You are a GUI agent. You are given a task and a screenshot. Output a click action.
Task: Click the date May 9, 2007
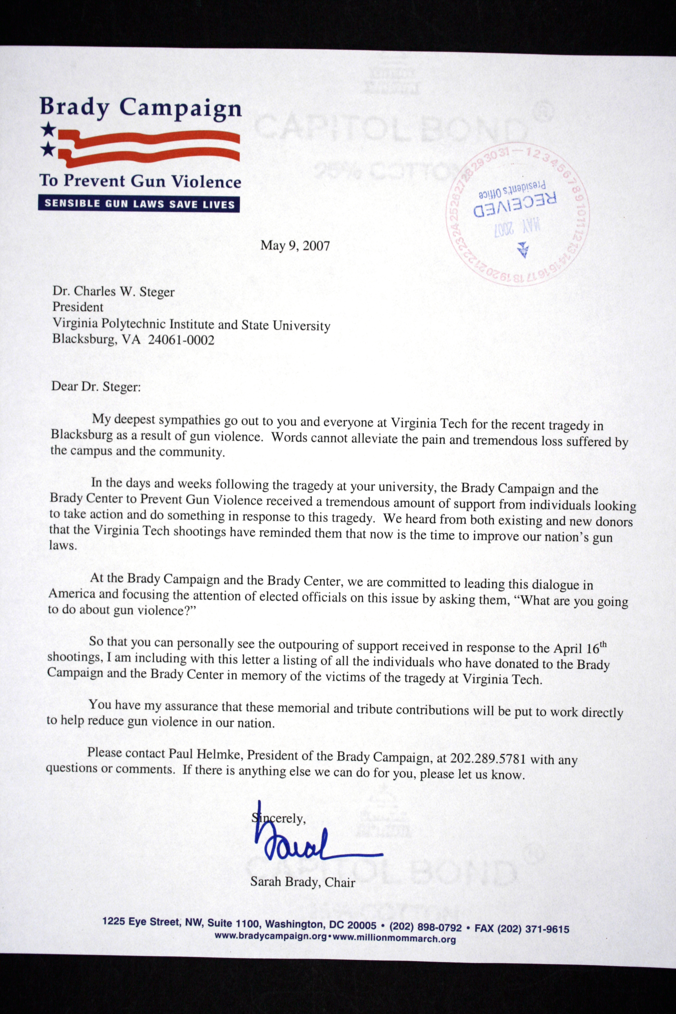295,246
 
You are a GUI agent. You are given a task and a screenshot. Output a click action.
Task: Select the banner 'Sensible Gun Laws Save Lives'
139,203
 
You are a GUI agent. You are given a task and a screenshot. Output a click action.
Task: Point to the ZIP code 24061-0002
181,340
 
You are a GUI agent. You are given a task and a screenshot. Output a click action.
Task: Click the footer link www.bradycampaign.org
270,936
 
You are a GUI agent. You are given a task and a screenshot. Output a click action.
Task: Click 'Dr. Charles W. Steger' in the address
113,291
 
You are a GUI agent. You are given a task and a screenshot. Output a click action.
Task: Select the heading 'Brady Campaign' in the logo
141,107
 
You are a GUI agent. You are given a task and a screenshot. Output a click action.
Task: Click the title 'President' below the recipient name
78,307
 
